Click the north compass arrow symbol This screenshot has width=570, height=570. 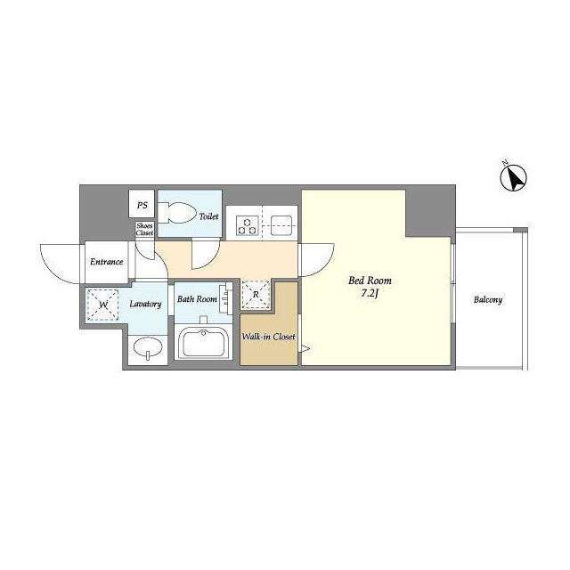coord(513,178)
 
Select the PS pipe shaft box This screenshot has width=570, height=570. coord(142,204)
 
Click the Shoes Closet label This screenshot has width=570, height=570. coord(144,230)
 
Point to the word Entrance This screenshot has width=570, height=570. coord(107,262)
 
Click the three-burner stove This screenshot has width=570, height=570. coord(248,225)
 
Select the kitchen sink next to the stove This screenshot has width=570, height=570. coord(281,225)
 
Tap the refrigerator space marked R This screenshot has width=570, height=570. coord(256,295)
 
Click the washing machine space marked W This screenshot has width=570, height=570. coord(102,305)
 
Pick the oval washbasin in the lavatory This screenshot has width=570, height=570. coord(148,347)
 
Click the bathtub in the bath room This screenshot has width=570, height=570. coord(203,342)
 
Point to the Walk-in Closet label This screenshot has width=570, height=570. coord(269,337)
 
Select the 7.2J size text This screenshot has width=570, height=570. coord(370,294)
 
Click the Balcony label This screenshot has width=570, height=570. coord(488,300)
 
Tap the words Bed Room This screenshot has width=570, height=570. coord(370,281)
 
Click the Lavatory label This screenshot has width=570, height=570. coord(145,304)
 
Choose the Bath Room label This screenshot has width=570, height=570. coord(197,299)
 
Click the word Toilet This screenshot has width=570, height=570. coord(208,216)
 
